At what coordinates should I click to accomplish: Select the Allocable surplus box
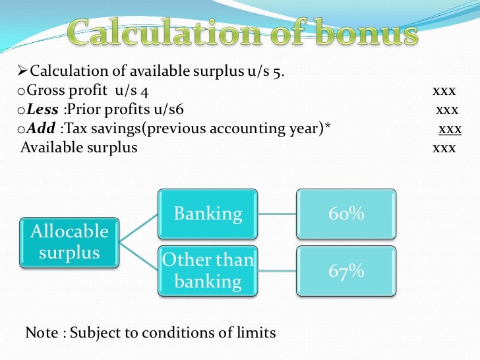(x=69, y=242)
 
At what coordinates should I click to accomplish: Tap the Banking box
(x=208, y=214)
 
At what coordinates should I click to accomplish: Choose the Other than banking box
(x=208, y=270)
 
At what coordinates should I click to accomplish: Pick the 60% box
(x=346, y=214)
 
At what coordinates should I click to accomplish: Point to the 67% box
(x=346, y=270)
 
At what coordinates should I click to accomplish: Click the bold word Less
(x=42, y=109)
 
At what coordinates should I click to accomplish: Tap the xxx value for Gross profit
(x=444, y=91)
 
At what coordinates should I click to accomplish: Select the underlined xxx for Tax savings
(x=450, y=129)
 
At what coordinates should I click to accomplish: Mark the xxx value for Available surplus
(x=444, y=148)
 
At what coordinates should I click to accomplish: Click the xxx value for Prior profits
(x=447, y=109)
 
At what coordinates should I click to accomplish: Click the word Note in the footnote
(x=41, y=333)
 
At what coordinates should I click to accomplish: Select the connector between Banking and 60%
(x=277, y=214)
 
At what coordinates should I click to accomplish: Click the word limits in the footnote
(x=255, y=333)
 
